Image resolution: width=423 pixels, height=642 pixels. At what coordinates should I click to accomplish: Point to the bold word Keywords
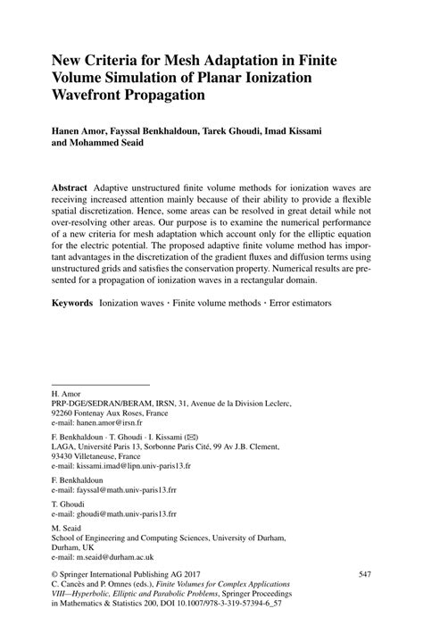(71, 304)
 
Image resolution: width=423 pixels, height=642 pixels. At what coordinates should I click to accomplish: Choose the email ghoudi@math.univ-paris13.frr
(124, 514)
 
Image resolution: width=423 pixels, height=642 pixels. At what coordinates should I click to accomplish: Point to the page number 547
(364, 575)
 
